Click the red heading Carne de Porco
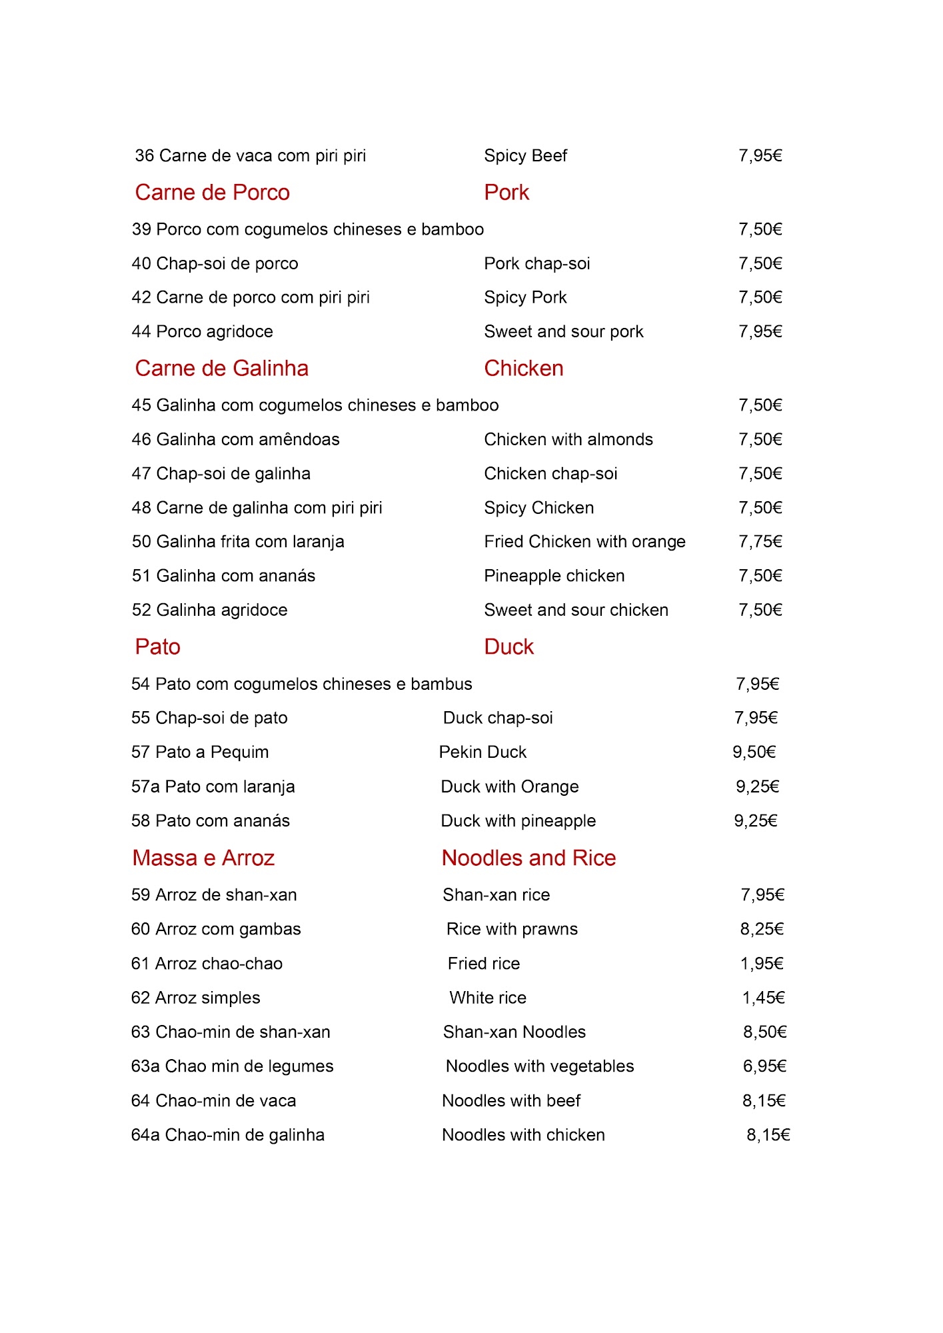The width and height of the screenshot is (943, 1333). tap(212, 193)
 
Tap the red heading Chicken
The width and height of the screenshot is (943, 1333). tap(523, 369)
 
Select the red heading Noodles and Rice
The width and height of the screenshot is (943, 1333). tap(528, 858)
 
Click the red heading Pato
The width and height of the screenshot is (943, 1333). tap(157, 647)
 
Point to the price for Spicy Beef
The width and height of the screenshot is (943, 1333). tap(760, 156)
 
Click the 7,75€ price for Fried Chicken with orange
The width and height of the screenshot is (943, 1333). tap(760, 542)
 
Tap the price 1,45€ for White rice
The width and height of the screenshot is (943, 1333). tap(763, 998)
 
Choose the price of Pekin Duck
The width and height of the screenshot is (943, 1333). tap(754, 752)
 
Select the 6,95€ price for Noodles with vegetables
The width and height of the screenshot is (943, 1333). tap(764, 1066)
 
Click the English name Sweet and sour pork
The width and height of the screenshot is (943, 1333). tap(563, 332)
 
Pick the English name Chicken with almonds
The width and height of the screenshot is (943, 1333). tap(568, 440)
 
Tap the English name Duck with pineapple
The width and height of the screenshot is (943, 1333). tap(518, 821)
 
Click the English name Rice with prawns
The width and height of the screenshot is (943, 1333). tap(512, 929)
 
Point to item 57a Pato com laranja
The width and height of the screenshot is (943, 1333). tap(213, 787)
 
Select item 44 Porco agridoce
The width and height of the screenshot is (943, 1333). tap(202, 332)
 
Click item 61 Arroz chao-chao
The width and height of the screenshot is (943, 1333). tap(207, 964)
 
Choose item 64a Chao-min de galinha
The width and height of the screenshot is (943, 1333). tap(227, 1135)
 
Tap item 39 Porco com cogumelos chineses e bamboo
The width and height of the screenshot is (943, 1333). tap(307, 230)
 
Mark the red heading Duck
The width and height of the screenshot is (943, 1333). tap(508, 647)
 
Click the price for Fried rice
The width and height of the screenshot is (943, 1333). tap(762, 964)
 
